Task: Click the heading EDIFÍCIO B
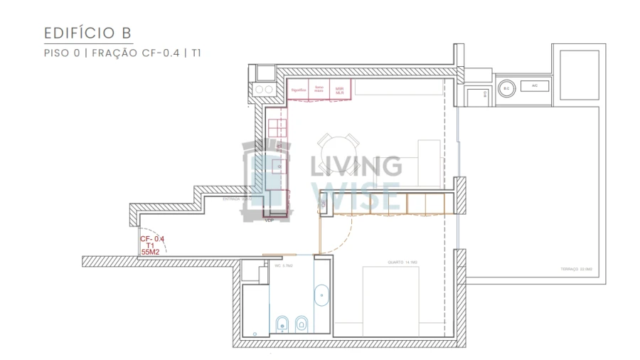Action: tap(87, 33)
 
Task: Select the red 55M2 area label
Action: tap(151, 252)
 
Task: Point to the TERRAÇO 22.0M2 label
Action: tap(576, 269)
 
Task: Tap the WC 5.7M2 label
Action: tap(284, 265)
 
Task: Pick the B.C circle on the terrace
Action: tap(506, 88)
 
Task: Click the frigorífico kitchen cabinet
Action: tap(299, 90)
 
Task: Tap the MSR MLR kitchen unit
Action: tap(339, 90)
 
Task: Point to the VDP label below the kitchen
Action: tap(270, 221)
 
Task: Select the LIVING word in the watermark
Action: tap(355, 166)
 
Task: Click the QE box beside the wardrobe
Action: tap(324, 203)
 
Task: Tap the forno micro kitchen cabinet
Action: tap(319, 90)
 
